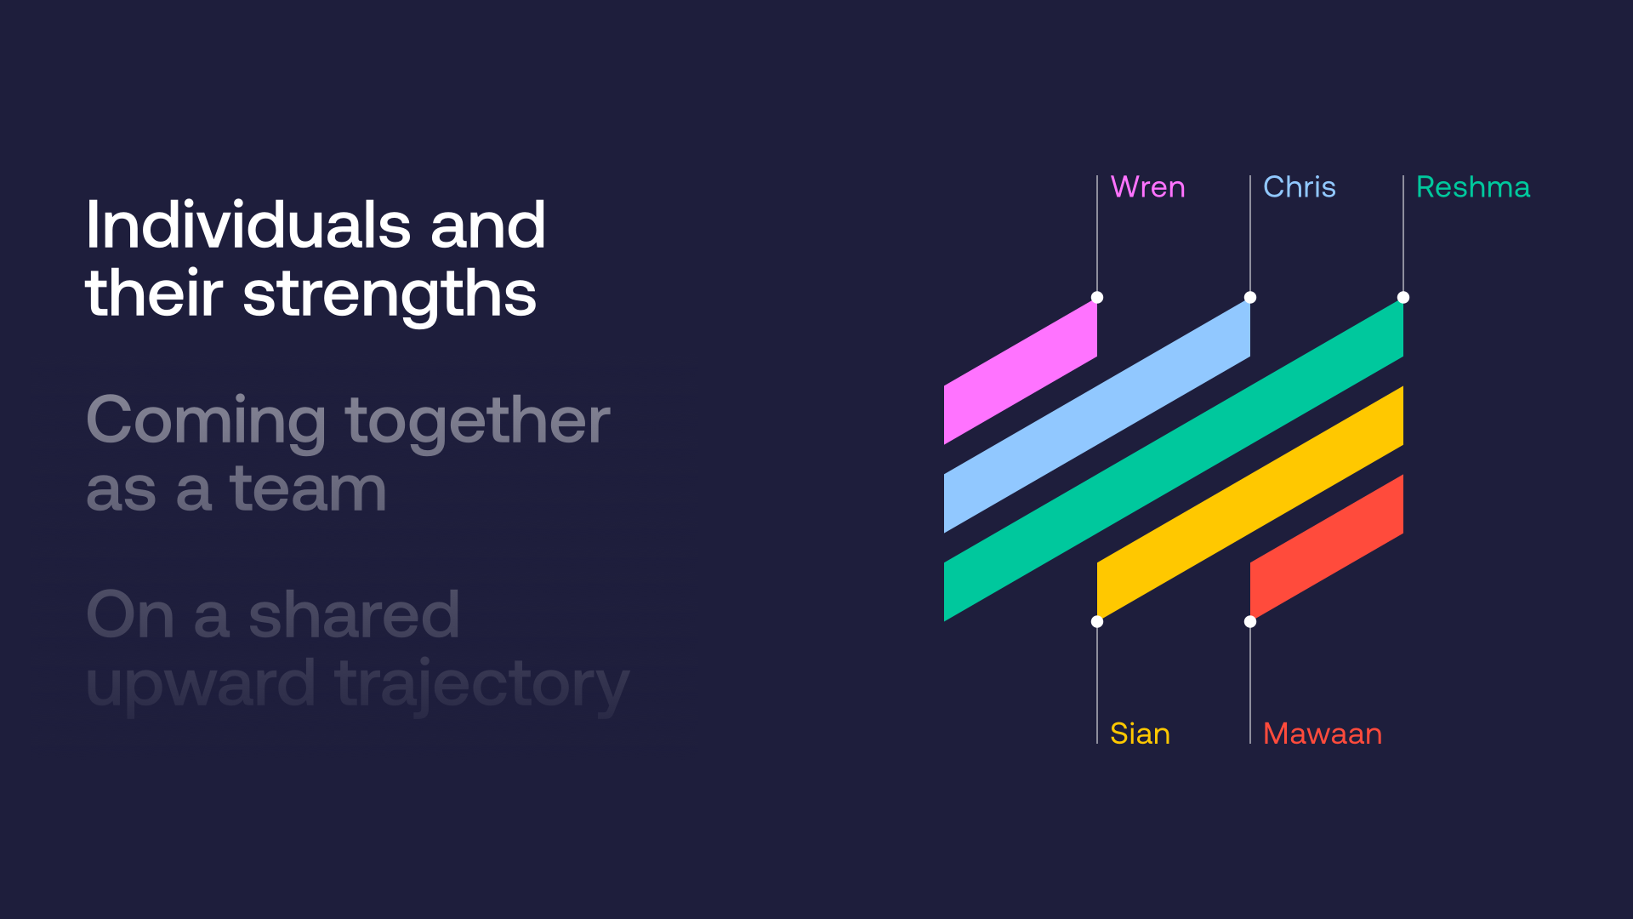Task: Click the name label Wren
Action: [x=1147, y=187]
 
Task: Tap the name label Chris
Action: [x=1299, y=187]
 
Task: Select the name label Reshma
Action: [x=1473, y=187]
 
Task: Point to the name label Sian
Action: [x=1140, y=733]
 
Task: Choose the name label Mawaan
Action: [x=1323, y=733]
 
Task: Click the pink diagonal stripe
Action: [x=1021, y=371]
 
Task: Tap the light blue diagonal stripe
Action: [x=1097, y=415]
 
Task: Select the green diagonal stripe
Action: [x=1174, y=459]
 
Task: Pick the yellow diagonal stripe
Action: [x=1250, y=504]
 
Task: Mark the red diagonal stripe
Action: [x=1327, y=548]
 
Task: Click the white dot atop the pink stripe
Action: [x=1097, y=298]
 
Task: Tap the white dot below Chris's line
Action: [x=1250, y=298]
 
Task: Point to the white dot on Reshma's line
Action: [x=1403, y=298]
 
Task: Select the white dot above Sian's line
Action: [x=1097, y=621]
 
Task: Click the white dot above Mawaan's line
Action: [x=1250, y=621]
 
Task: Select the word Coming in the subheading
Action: [x=207, y=422]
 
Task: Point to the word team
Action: [x=308, y=490]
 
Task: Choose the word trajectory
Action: [x=482, y=686]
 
